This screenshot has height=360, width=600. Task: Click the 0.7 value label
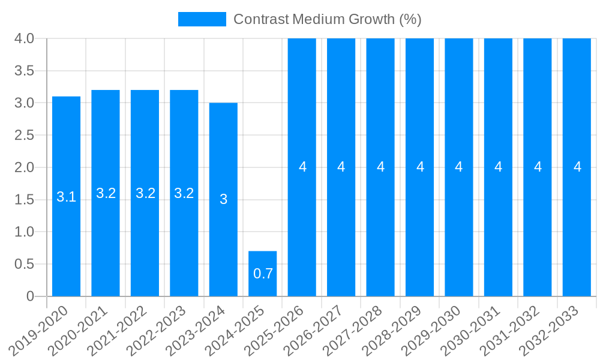[x=263, y=274]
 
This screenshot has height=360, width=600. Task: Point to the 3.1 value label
[x=66, y=197]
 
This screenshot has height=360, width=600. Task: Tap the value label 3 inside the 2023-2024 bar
[x=223, y=199]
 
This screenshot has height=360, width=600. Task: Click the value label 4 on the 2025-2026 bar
[x=302, y=167]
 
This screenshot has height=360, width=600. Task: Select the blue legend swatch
[x=202, y=19]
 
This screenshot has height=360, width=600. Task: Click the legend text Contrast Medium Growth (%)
[x=327, y=19]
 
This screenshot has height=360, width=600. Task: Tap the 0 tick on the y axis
[x=31, y=296]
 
